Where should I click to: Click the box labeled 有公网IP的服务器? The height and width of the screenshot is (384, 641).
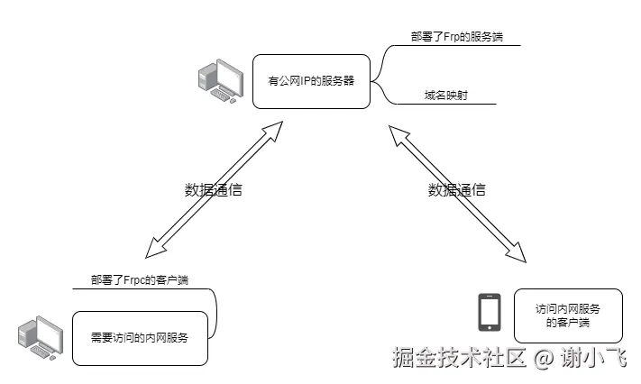click(312, 80)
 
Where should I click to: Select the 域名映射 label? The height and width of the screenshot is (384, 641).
click(445, 95)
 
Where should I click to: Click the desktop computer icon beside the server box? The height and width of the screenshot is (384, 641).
click(221, 80)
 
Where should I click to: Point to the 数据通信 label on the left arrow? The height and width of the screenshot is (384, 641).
click(214, 190)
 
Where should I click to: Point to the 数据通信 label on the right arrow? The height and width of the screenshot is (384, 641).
click(456, 189)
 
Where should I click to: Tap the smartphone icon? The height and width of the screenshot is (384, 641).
click(489, 313)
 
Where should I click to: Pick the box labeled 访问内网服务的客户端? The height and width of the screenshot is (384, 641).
click(567, 315)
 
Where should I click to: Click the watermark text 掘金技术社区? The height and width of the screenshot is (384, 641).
click(459, 359)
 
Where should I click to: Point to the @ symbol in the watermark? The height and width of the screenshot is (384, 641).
click(543, 359)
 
